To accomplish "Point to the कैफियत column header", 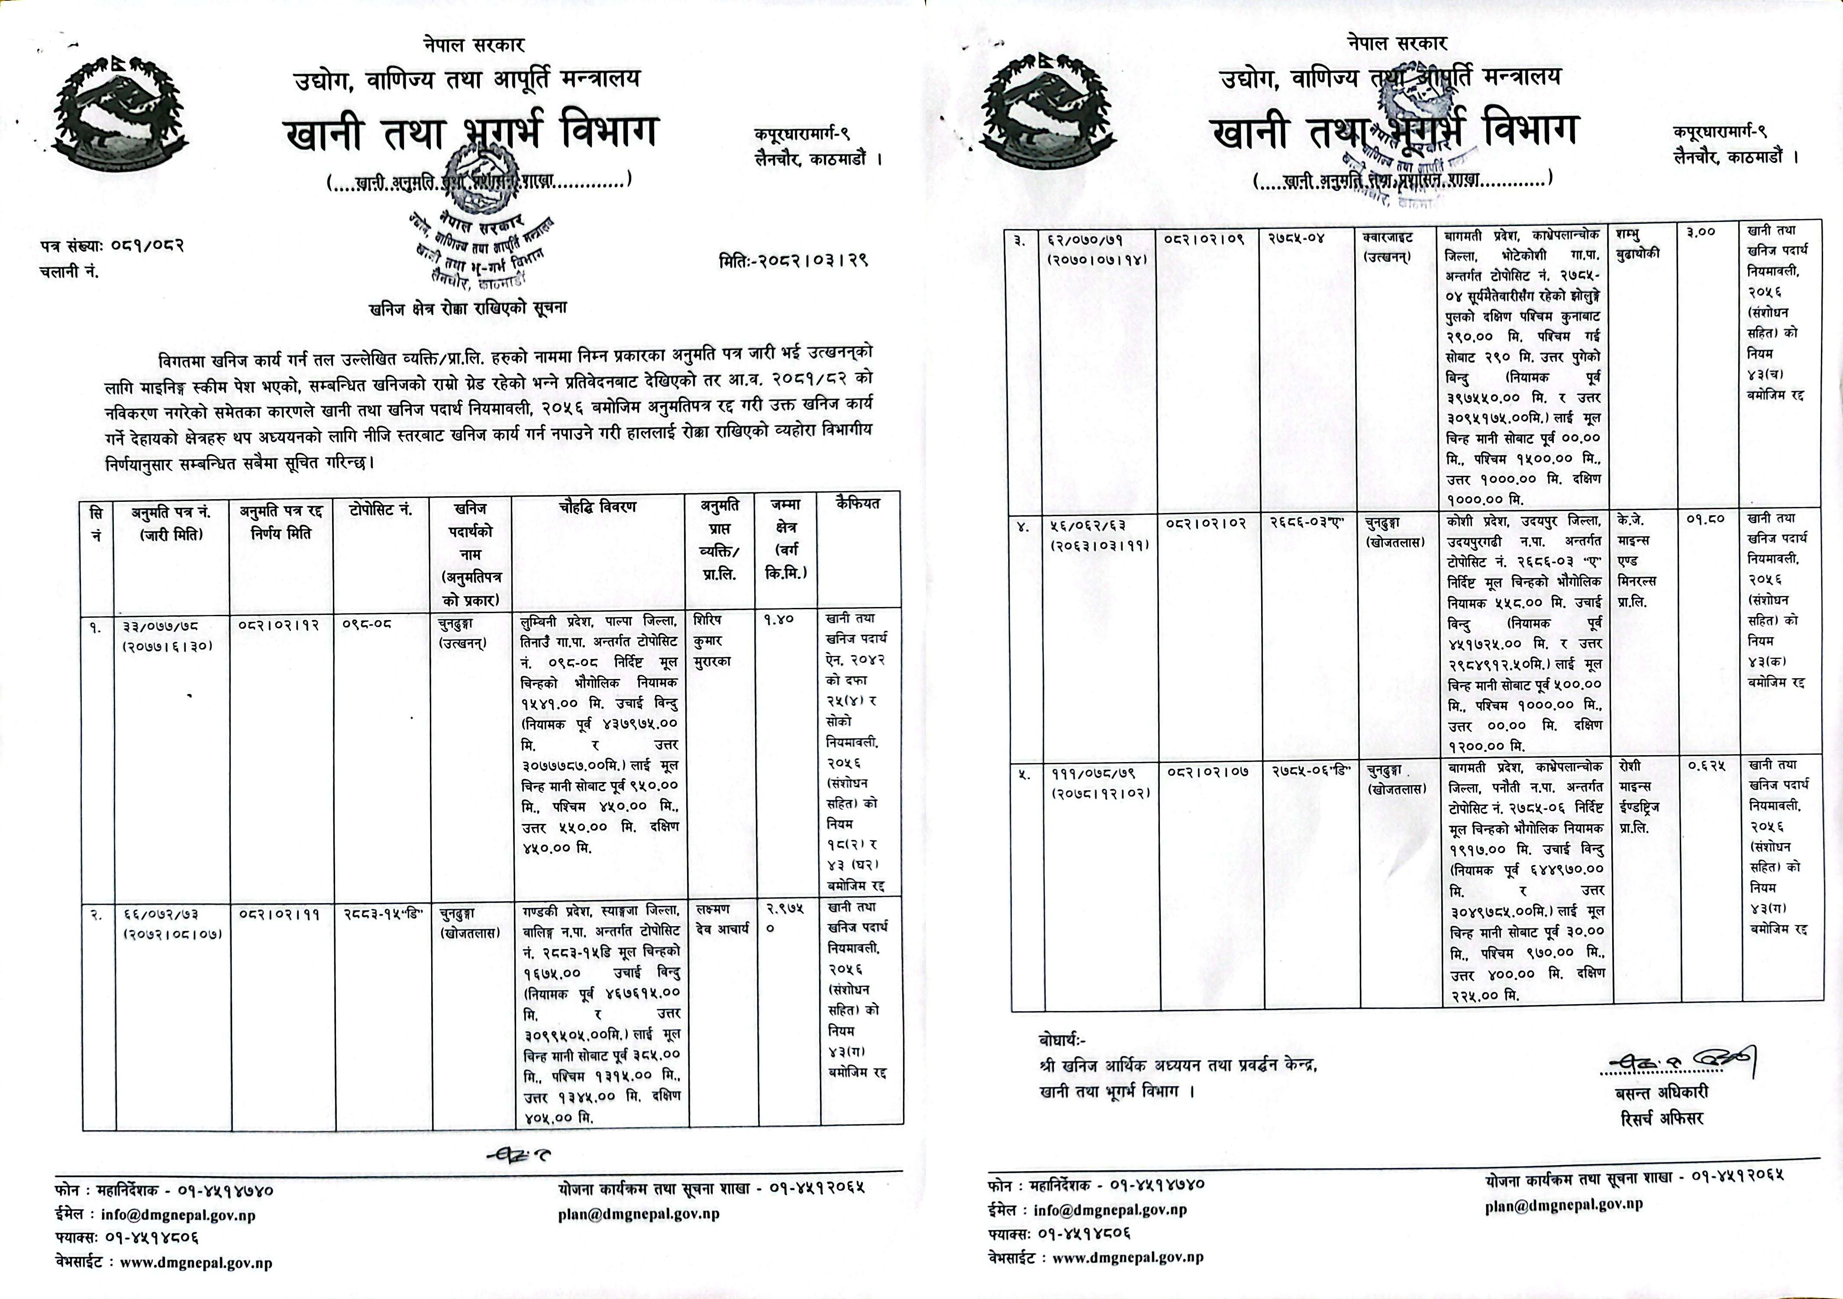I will [x=857, y=504].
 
